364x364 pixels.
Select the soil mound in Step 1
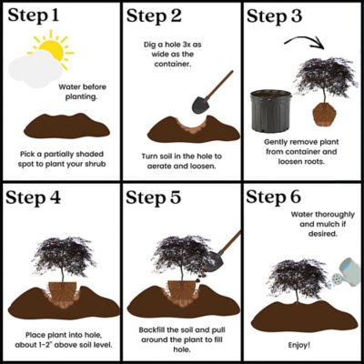tap(60, 125)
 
